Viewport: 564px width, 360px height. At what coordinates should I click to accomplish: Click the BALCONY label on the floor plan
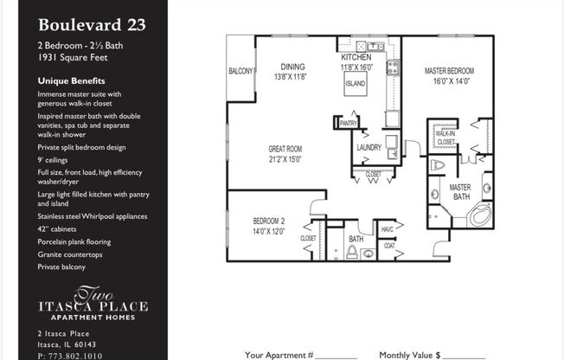coord(240,72)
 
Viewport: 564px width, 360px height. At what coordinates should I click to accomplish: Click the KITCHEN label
coord(356,57)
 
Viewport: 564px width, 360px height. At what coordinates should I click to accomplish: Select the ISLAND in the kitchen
coord(355,85)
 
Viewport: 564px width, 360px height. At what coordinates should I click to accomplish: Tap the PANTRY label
coord(348,123)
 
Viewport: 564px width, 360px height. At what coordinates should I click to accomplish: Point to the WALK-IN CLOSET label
coord(445,138)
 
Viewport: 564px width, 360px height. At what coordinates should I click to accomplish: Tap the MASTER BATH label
coord(460,192)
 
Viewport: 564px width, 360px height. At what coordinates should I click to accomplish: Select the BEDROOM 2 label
coord(269,225)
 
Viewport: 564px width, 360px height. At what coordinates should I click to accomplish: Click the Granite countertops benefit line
coord(70,255)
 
